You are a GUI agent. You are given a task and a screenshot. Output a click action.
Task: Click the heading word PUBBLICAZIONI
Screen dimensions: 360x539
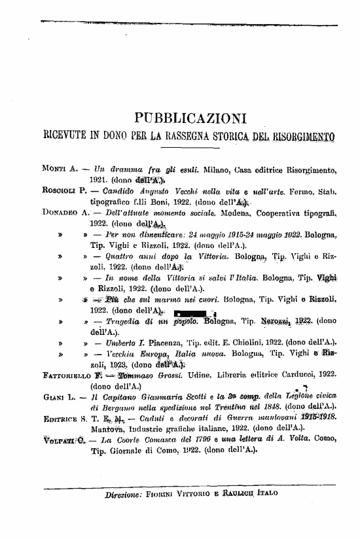click(189, 118)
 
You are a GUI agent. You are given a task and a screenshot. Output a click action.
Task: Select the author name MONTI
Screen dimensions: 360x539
click(51, 169)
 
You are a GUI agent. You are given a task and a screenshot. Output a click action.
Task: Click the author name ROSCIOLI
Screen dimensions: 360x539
click(55, 191)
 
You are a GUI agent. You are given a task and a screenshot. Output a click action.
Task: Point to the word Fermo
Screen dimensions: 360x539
click(303, 191)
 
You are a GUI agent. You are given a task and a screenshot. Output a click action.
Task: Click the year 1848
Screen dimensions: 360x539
click(265, 408)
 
